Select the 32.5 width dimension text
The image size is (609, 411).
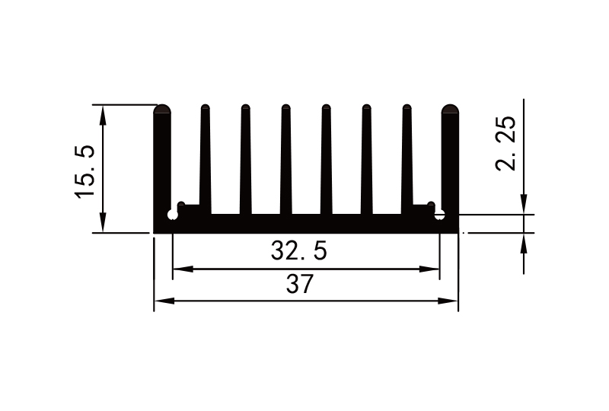(298, 250)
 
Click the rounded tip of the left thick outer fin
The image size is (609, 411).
(162, 110)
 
